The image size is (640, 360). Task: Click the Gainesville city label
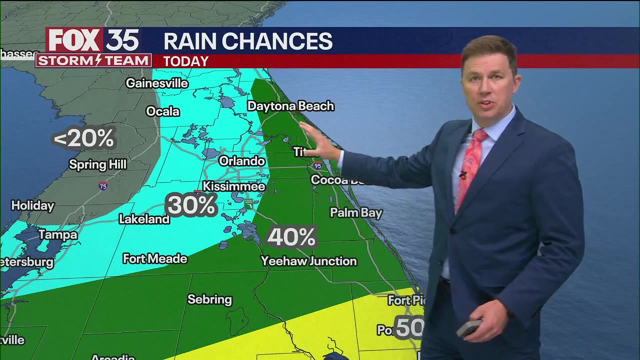pos(156,83)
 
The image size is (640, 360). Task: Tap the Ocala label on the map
pos(162,111)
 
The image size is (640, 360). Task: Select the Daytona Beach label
pos(290,106)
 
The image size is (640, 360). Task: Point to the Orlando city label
pos(242,161)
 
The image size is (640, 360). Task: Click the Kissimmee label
pos(233,186)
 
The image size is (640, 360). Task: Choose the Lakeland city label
pos(144,219)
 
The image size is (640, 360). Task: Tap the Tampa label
pos(58,234)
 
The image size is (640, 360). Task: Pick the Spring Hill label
pos(97,164)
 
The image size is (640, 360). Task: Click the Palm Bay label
pos(356,212)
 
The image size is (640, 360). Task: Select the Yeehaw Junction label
pos(308,261)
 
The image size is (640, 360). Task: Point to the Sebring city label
pos(209,299)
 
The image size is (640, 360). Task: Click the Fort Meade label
pos(155,258)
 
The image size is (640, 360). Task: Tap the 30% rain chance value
pos(191,205)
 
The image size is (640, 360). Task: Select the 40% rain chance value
pos(291,237)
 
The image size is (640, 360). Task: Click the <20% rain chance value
pos(84,138)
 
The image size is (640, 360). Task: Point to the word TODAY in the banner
pos(186,61)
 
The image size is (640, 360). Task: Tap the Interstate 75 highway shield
pos(103,186)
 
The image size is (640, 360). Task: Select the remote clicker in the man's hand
pos(468,328)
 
